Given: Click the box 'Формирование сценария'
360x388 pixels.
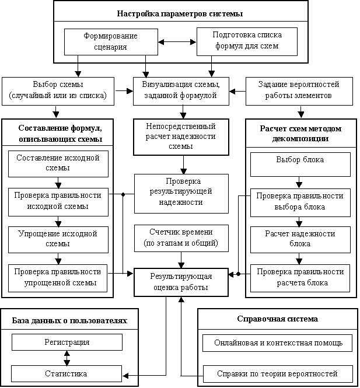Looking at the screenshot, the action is click(x=111, y=42).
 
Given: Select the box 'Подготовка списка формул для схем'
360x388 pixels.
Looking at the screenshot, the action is click(x=247, y=41).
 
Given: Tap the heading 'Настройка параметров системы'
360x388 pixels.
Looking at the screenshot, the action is click(x=180, y=13).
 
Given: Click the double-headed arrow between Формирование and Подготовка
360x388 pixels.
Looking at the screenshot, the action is click(x=177, y=42).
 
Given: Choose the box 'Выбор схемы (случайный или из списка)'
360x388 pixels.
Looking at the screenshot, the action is click(x=58, y=91).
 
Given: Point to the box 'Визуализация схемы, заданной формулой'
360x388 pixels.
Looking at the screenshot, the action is click(x=181, y=91).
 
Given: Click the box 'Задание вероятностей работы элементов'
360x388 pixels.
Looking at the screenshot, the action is click(x=299, y=91).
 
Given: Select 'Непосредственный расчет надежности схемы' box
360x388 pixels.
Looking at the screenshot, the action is click(x=181, y=137).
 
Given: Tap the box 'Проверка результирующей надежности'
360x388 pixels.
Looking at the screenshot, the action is click(x=181, y=194).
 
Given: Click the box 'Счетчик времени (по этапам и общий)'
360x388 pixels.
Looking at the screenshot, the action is click(x=181, y=238).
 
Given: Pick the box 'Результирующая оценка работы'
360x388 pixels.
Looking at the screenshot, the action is click(x=181, y=282).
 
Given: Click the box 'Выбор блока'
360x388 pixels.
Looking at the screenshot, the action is click(x=300, y=165).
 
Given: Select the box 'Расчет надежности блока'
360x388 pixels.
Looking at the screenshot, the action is click(x=300, y=240).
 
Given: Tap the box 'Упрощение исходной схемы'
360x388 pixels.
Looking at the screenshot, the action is click(x=58, y=240).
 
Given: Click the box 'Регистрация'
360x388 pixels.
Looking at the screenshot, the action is click(x=67, y=342).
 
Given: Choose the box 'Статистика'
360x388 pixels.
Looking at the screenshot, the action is click(x=67, y=373).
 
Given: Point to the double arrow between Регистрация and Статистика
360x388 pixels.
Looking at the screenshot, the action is click(x=67, y=358).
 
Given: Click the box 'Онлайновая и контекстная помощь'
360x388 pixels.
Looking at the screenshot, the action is click(x=277, y=343).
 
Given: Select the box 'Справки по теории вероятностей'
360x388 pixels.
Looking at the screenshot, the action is click(x=278, y=373).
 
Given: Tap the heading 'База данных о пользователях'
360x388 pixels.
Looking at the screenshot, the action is click(x=69, y=321).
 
